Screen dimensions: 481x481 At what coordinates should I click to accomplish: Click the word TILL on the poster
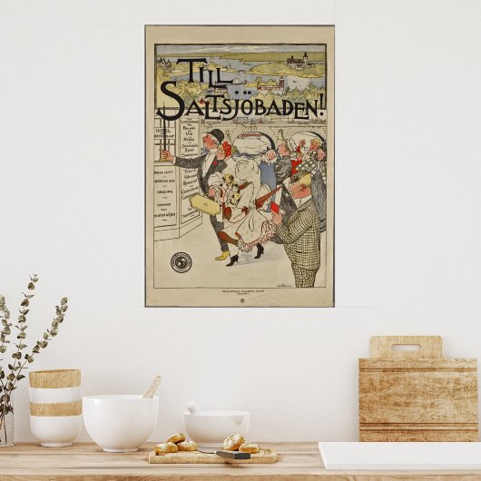coord(201,71)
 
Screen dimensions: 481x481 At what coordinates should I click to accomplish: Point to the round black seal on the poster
coord(182,262)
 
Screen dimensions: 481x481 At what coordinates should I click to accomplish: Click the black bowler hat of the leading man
coord(215,136)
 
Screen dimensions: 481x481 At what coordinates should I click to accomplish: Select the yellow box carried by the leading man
coord(206,205)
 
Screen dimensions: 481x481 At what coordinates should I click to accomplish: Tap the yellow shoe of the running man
coord(222,255)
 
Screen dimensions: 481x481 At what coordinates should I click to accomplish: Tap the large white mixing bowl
coord(120,422)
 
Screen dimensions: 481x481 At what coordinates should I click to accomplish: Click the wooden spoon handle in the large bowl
coord(152,388)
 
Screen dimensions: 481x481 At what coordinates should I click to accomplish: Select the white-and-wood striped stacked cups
coord(54,407)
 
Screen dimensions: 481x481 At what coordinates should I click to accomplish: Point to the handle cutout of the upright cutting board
coord(405,347)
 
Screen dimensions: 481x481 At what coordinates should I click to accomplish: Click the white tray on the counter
coord(399,455)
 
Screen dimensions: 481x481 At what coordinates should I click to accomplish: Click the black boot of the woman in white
coord(234,259)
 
